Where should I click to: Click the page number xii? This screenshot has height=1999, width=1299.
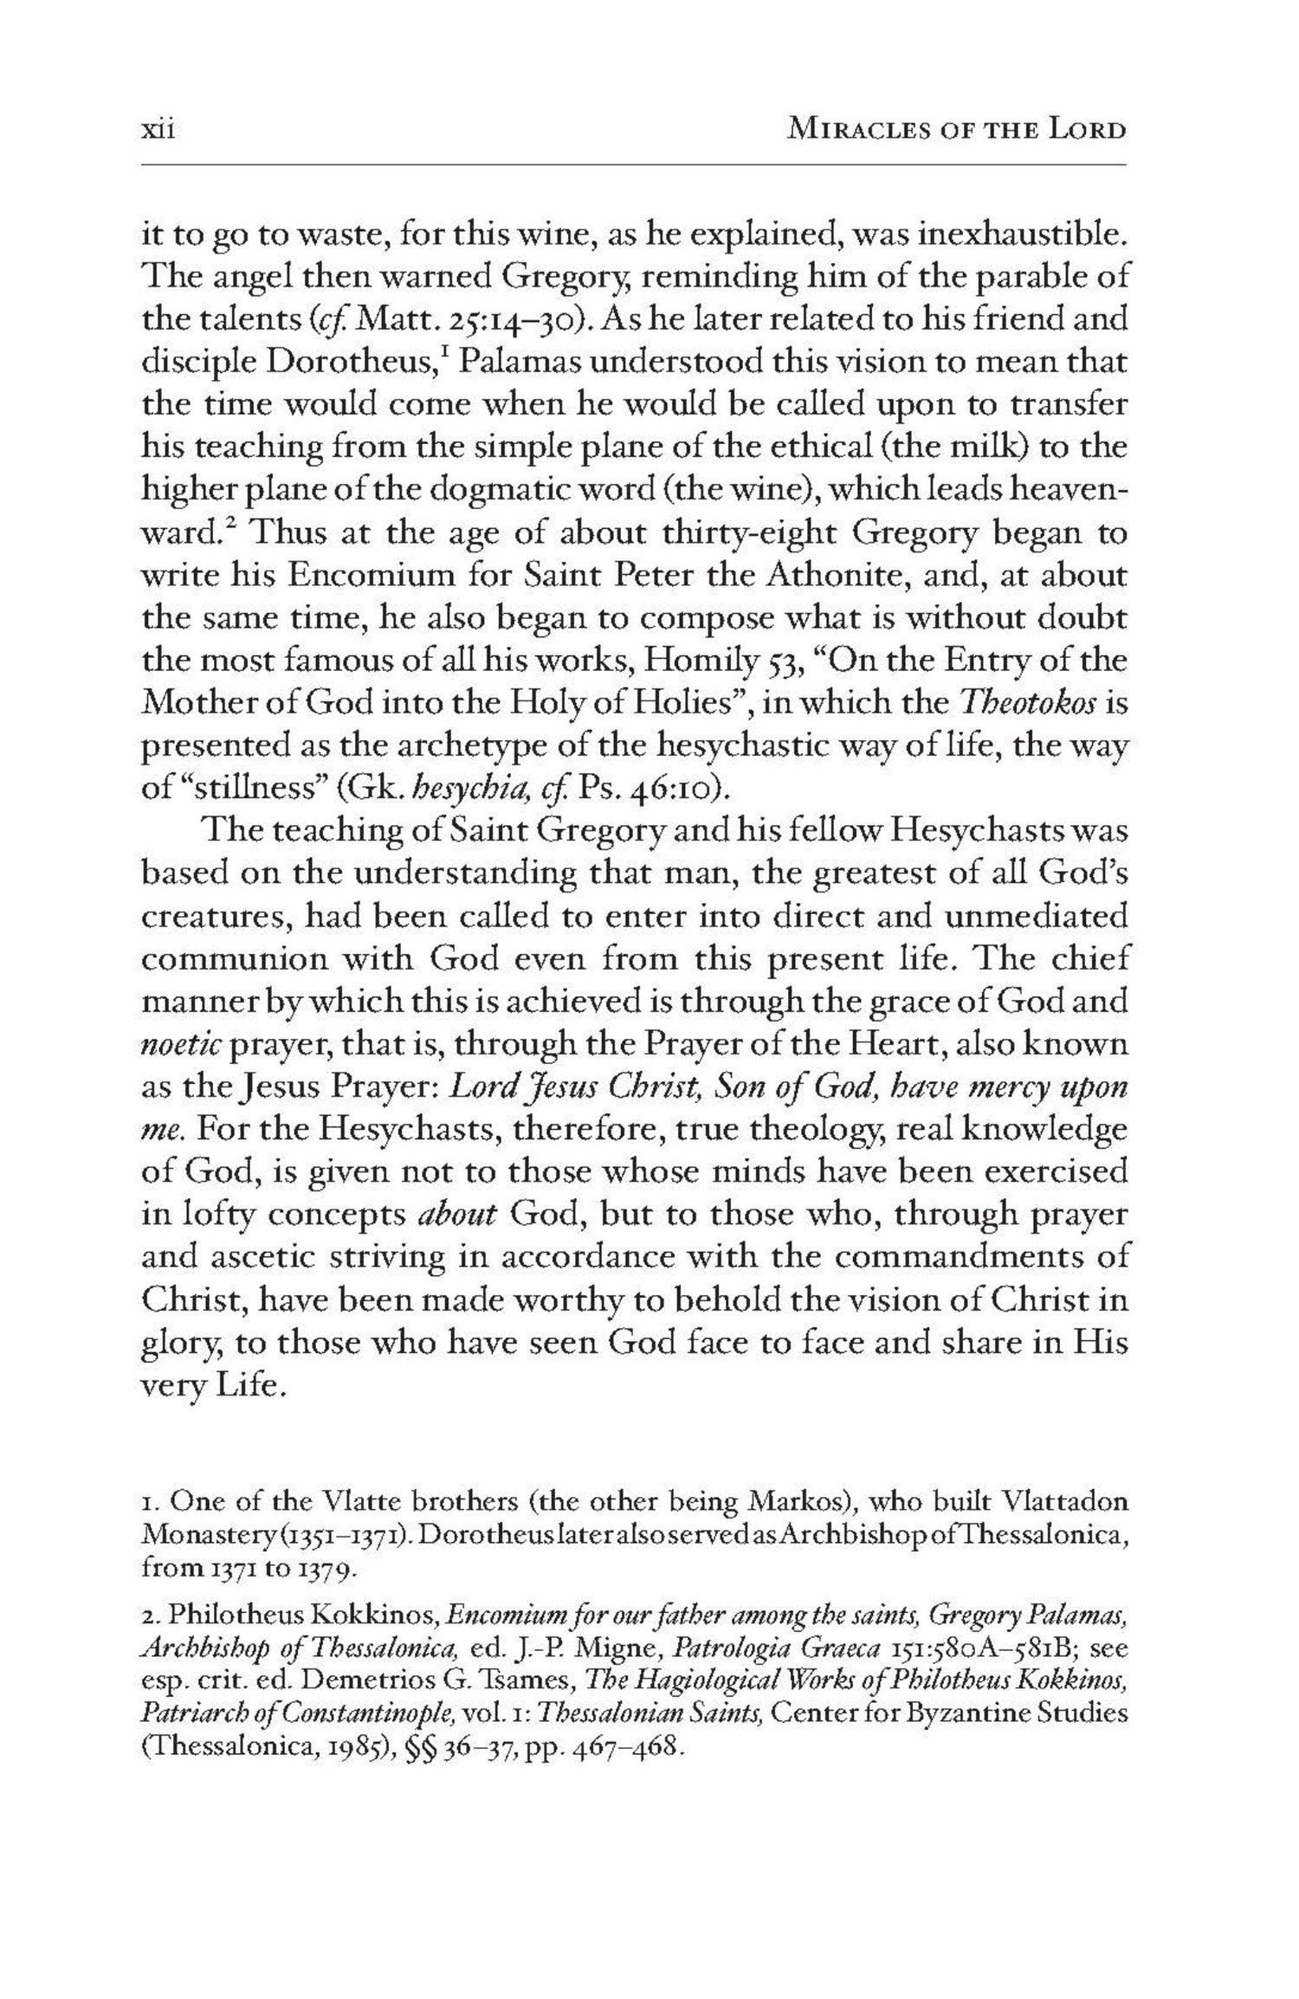click(158, 131)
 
